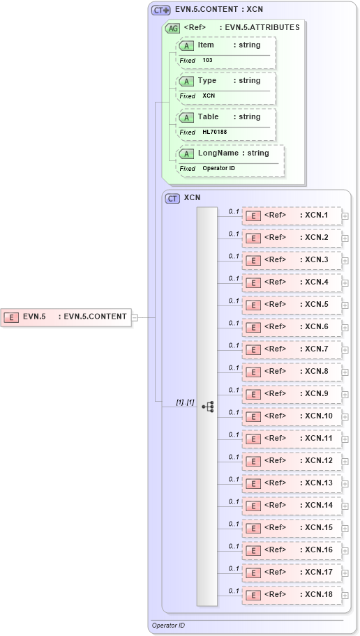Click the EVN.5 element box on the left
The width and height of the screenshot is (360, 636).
[x=66, y=317]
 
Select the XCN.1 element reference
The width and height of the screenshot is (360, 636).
[x=292, y=215]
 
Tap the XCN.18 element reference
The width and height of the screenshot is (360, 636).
[x=292, y=595]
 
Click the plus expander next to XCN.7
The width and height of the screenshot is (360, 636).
[x=345, y=350]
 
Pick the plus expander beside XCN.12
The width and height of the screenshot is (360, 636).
[x=345, y=462]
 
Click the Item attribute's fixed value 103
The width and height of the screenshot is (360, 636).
[x=208, y=61]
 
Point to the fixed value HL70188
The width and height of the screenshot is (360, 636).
[x=214, y=132]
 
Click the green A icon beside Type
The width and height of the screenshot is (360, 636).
[x=186, y=81]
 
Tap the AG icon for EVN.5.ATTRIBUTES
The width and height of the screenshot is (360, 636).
[x=172, y=29]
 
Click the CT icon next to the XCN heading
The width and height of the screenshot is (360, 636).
[x=172, y=198]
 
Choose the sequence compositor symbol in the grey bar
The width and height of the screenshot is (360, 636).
[x=207, y=407]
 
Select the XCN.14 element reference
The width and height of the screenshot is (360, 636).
[x=292, y=506]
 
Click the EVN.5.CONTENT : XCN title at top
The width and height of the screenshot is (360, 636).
[x=218, y=10]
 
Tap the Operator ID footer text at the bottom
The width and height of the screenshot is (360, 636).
[x=168, y=626]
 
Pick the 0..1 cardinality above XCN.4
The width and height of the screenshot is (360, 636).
[x=234, y=278]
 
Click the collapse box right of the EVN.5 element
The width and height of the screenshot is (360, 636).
[x=135, y=317]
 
